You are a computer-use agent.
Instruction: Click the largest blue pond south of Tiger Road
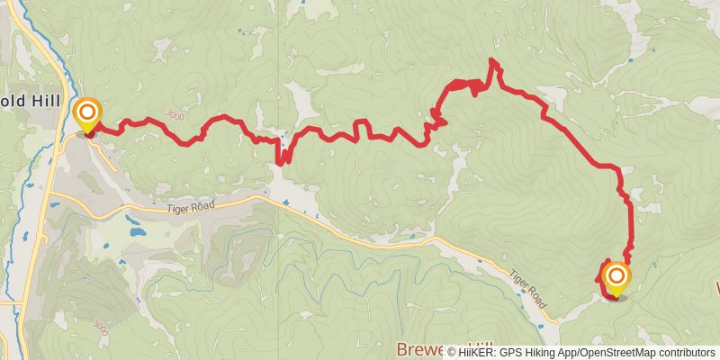coord(137,231)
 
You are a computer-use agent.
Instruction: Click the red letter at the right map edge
coord(715,290)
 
